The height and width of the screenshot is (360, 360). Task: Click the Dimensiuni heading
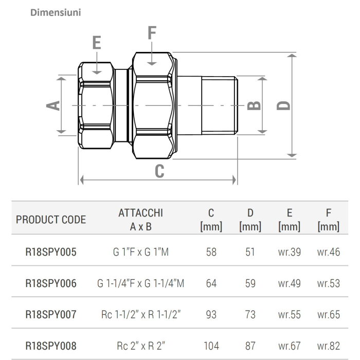pyautogui.click(x=56, y=12)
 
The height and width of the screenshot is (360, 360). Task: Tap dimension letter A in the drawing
pyautogui.click(x=52, y=105)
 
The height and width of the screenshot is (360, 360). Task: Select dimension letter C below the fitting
pyautogui.click(x=159, y=171)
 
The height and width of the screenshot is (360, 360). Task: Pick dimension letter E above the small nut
pyautogui.click(x=97, y=42)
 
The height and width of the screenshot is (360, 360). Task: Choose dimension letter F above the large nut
pyautogui.click(x=152, y=32)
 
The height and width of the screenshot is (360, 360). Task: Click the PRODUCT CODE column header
pyautogui.click(x=51, y=220)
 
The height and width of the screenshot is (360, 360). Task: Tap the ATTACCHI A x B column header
pyautogui.click(x=140, y=220)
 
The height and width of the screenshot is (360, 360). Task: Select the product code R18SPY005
pyautogui.click(x=51, y=253)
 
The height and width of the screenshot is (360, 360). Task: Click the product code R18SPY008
pyautogui.click(x=51, y=346)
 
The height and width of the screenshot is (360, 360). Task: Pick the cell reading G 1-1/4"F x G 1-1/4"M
pyautogui.click(x=140, y=283)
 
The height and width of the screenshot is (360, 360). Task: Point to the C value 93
pyautogui.click(x=211, y=314)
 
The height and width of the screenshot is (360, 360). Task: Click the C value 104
pyautogui.click(x=211, y=346)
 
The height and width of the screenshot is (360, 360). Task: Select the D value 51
pyautogui.click(x=250, y=253)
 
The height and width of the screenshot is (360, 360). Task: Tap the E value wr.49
pyautogui.click(x=289, y=283)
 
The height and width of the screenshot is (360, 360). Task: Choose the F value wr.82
pyautogui.click(x=329, y=346)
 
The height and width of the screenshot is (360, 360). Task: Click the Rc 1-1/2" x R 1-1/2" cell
pyautogui.click(x=140, y=314)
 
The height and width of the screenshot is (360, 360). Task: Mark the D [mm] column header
pyautogui.click(x=250, y=220)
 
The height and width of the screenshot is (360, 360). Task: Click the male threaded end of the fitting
pyautogui.click(x=219, y=105)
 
